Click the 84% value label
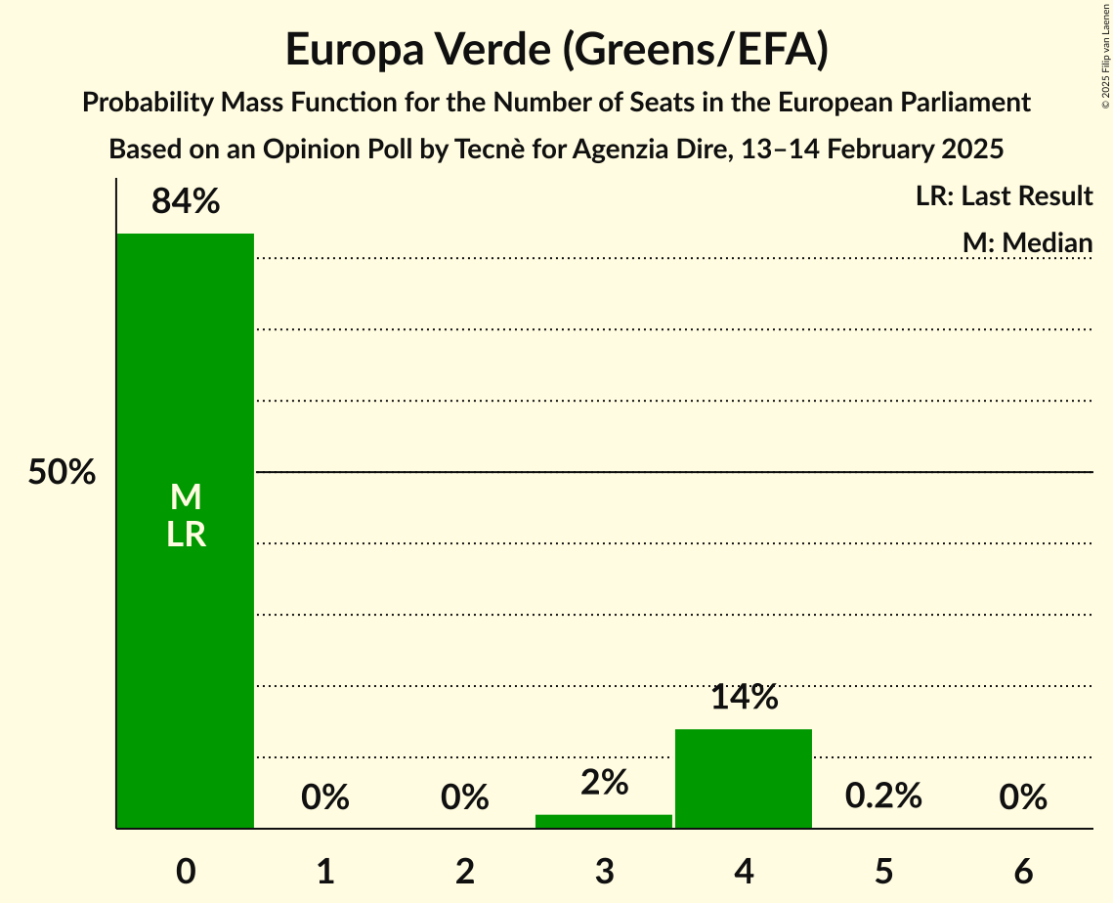tap(186, 202)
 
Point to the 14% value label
tap(744, 698)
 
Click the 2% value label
tap(604, 783)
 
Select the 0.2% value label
tap(883, 796)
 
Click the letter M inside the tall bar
tap(186, 498)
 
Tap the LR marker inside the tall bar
tap(186, 535)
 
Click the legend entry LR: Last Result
tap(1005, 196)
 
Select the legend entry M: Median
tap(1027, 242)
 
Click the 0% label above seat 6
tap(1023, 798)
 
